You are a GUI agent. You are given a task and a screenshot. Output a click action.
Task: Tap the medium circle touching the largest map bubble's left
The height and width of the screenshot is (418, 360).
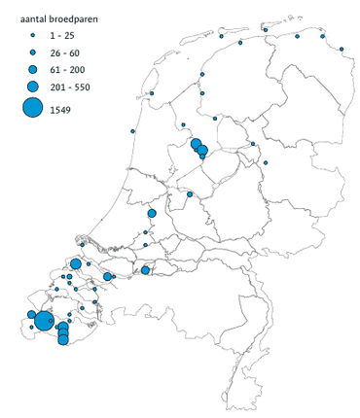tap(32, 315)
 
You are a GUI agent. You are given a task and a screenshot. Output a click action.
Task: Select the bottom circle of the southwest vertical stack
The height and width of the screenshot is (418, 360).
tap(62, 341)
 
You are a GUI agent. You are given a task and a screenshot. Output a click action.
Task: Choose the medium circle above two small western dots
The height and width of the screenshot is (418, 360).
tap(152, 214)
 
